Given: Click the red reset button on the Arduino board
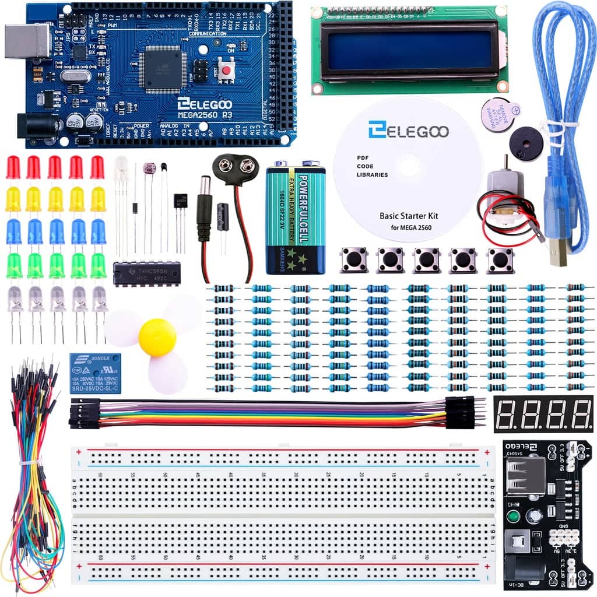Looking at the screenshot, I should [225, 71].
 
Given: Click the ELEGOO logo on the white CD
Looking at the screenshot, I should [408, 129].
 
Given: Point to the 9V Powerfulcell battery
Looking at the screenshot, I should [295, 219].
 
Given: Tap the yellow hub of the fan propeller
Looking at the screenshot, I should [157, 337].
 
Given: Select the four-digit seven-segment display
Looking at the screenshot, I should [543, 413].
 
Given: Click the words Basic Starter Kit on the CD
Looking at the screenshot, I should [408, 215].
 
